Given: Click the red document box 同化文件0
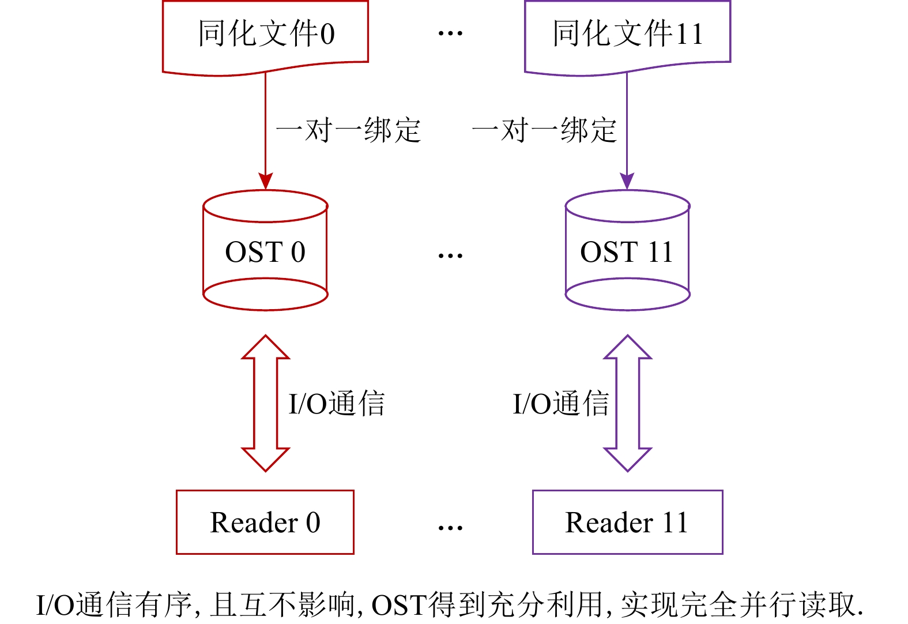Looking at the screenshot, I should click(265, 35).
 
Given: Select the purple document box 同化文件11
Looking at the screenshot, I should click(627, 35).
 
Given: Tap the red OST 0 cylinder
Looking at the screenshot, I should click(265, 251).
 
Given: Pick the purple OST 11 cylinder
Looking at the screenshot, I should click(627, 251).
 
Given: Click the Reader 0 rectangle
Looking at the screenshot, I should click(265, 522).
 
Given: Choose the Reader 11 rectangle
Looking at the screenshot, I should click(627, 522).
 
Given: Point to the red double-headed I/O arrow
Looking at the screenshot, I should click(265, 404).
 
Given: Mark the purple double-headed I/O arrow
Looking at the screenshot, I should click(627, 404).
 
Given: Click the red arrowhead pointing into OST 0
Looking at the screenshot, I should click(265, 181).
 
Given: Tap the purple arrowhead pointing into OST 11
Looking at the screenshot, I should click(627, 181).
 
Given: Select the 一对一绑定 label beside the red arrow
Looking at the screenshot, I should click(349, 130).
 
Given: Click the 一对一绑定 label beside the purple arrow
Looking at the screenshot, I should click(544, 130).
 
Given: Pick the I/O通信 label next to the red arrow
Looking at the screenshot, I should click(337, 404).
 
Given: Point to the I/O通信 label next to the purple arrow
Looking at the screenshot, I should click(561, 404).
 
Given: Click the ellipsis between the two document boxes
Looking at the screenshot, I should click(450, 33).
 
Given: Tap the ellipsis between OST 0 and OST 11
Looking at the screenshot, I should click(450, 255).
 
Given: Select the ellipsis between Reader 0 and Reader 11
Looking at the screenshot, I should click(450, 527).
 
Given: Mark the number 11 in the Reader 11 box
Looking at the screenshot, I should click(675, 522).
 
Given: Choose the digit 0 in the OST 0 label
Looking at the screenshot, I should click(298, 252).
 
